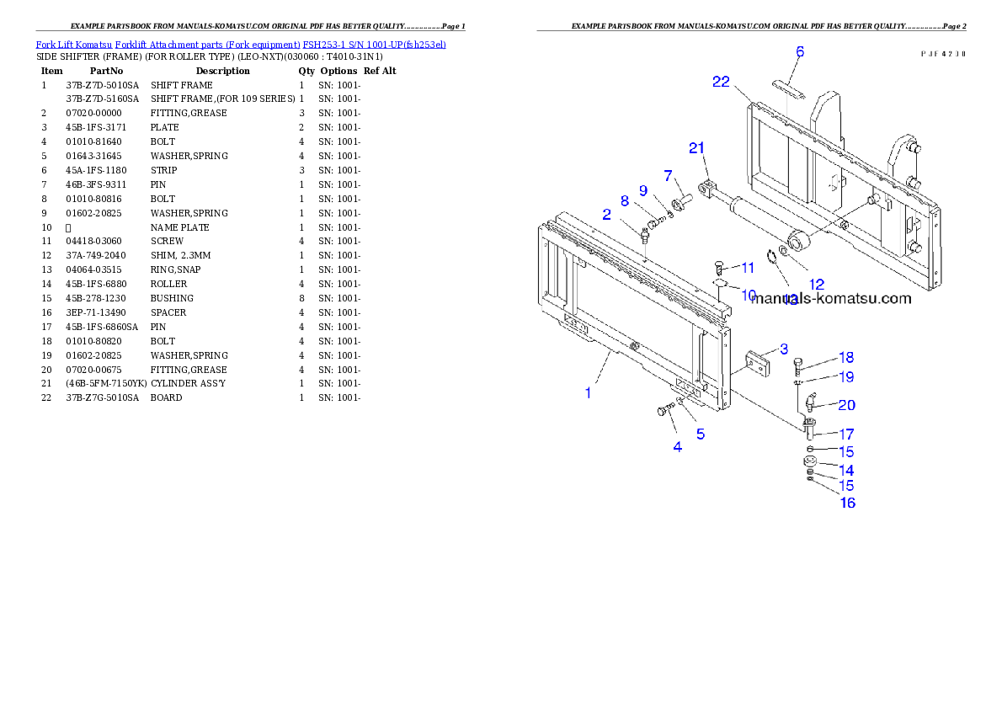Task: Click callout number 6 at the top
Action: click(x=800, y=52)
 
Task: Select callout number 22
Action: click(x=721, y=82)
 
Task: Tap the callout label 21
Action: click(x=696, y=148)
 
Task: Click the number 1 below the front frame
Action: click(x=588, y=392)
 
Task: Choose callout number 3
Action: click(x=783, y=349)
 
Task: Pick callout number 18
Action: click(x=845, y=358)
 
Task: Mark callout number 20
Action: click(x=846, y=405)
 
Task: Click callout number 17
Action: click(x=845, y=434)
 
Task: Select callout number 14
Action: click(x=845, y=470)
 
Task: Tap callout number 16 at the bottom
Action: click(x=847, y=503)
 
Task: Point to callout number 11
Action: click(x=747, y=268)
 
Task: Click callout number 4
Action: click(x=677, y=447)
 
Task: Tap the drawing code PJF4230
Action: click(x=943, y=53)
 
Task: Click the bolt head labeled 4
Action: click(x=661, y=411)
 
